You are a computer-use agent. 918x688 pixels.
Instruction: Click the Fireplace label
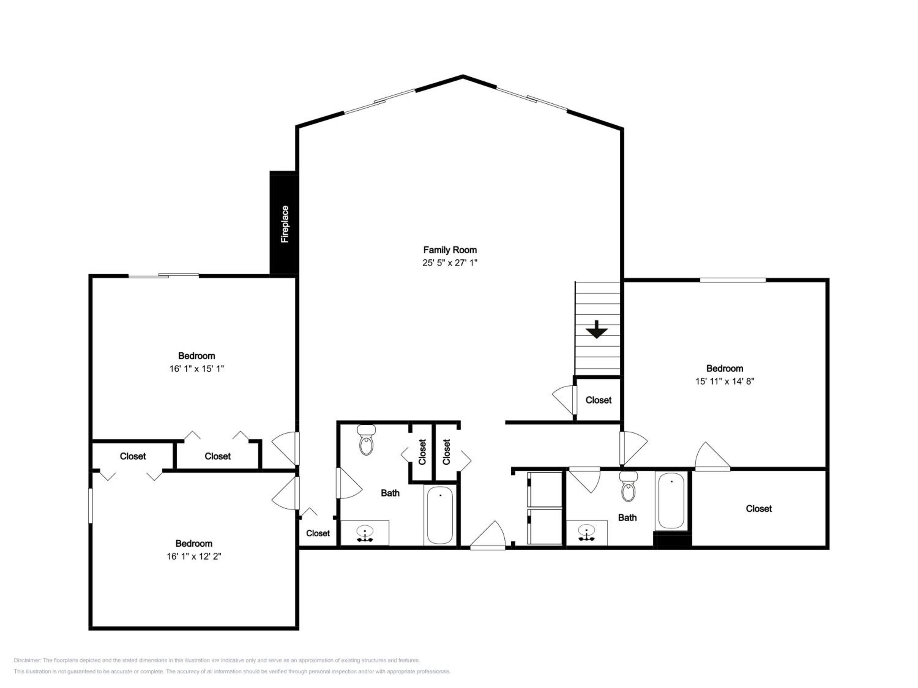click(285, 224)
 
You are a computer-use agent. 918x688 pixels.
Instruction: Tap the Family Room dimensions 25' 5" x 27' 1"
click(450, 262)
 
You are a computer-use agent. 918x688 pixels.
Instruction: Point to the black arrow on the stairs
click(597, 329)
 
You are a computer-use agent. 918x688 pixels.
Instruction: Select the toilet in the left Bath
click(366, 440)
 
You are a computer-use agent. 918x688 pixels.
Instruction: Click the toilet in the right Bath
click(628, 486)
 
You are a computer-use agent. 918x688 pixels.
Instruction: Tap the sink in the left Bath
click(365, 533)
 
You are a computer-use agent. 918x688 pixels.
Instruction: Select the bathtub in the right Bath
click(671, 501)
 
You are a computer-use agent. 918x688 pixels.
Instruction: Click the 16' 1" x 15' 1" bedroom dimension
click(197, 369)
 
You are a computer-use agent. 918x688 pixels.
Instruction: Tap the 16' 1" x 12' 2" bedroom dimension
click(194, 557)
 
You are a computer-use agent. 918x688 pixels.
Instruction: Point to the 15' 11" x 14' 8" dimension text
click(725, 381)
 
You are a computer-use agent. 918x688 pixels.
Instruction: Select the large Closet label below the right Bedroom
click(759, 509)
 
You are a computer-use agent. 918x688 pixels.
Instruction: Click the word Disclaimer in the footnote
click(28, 660)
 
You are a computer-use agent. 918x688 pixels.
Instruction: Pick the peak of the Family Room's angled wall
click(463, 76)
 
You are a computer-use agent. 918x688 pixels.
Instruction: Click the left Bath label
click(390, 493)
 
